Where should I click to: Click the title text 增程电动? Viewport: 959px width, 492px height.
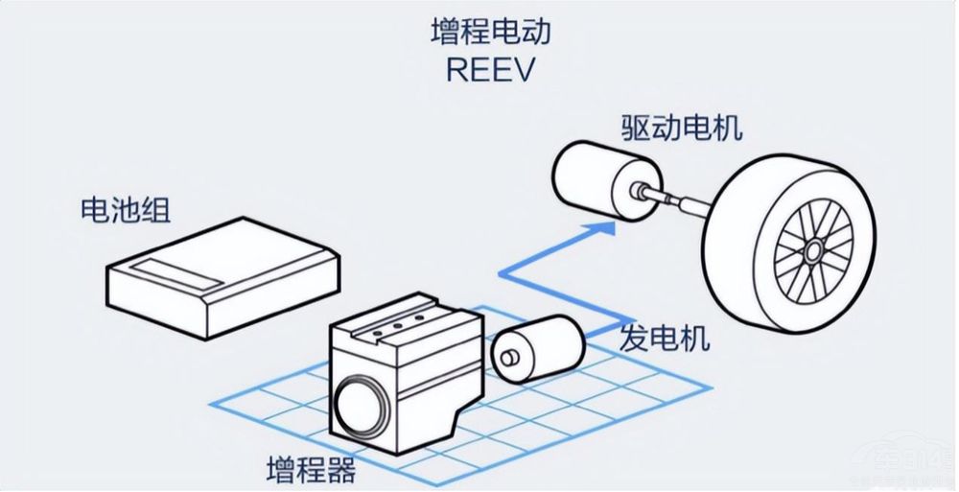tap(490, 35)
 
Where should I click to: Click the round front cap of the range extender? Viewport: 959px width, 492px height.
tap(358, 412)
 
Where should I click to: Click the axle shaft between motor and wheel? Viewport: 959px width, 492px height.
tap(682, 201)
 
